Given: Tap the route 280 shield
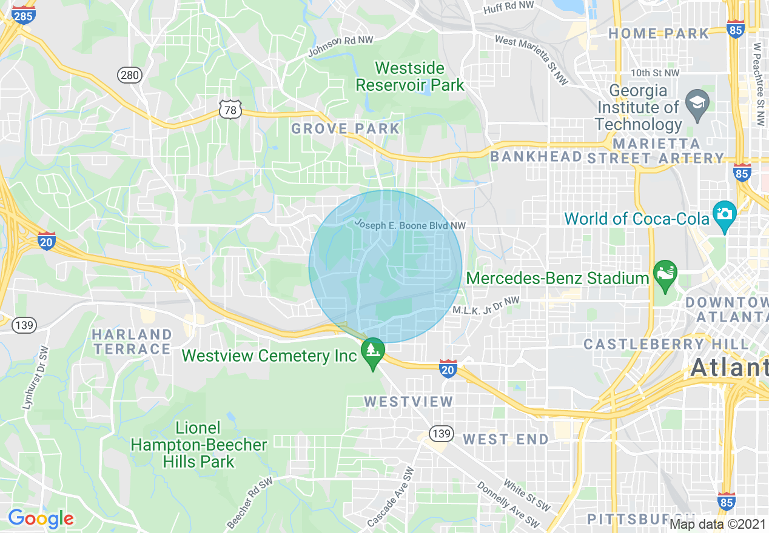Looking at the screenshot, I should (x=129, y=75).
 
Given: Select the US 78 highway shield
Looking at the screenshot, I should (x=230, y=110).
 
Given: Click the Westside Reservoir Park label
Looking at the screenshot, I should (x=410, y=76).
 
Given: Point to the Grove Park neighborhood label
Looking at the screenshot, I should (x=346, y=128).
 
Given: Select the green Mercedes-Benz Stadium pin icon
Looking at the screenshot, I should (x=665, y=273).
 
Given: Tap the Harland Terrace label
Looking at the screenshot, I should (x=132, y=342).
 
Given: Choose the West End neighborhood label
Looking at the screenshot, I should (x=506, y=439).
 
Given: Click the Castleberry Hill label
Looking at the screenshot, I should (x=666, y=344).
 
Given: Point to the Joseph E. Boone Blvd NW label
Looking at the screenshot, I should (x=410, y=225).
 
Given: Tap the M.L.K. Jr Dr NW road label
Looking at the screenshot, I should (x=486, y=305).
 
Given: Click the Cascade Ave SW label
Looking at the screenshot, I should (x=391, y=497).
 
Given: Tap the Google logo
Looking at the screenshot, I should (x=41, y=518).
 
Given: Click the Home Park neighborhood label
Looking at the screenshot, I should (x=659, y=33).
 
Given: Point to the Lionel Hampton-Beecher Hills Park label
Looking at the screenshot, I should (x=199, y=445).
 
